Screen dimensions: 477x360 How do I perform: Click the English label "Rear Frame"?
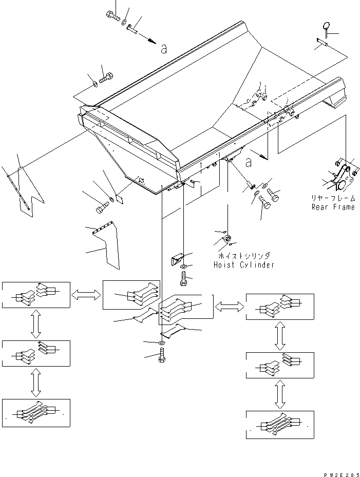pyautogui.click(x=333, y=207)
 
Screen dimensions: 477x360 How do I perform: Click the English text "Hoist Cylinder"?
pyautogui.click(x=243, y=265)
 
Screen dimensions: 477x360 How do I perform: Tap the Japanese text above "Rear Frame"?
pyautogui.click(x=332, y=198)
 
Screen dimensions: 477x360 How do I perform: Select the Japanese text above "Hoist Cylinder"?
pyautogui.click(x=243, y=255)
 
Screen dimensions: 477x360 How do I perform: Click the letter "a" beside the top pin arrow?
pyautogui.click(x=164, y=49)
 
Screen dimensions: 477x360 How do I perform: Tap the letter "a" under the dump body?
pyautogui.click(x=249, y=163)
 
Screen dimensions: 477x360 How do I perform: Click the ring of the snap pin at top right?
pyautogui.click(x=326, y=26)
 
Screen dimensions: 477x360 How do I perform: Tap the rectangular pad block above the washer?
pyautogui.click(x=177, y=259)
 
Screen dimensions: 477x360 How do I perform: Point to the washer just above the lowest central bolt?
pyautogui.click(x=162, y=342)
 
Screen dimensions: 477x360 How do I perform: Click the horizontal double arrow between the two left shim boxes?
pyautogui.click(x=86, y=294)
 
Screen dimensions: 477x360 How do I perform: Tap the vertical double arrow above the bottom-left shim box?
pyautogui.click(x=35, y=382)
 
